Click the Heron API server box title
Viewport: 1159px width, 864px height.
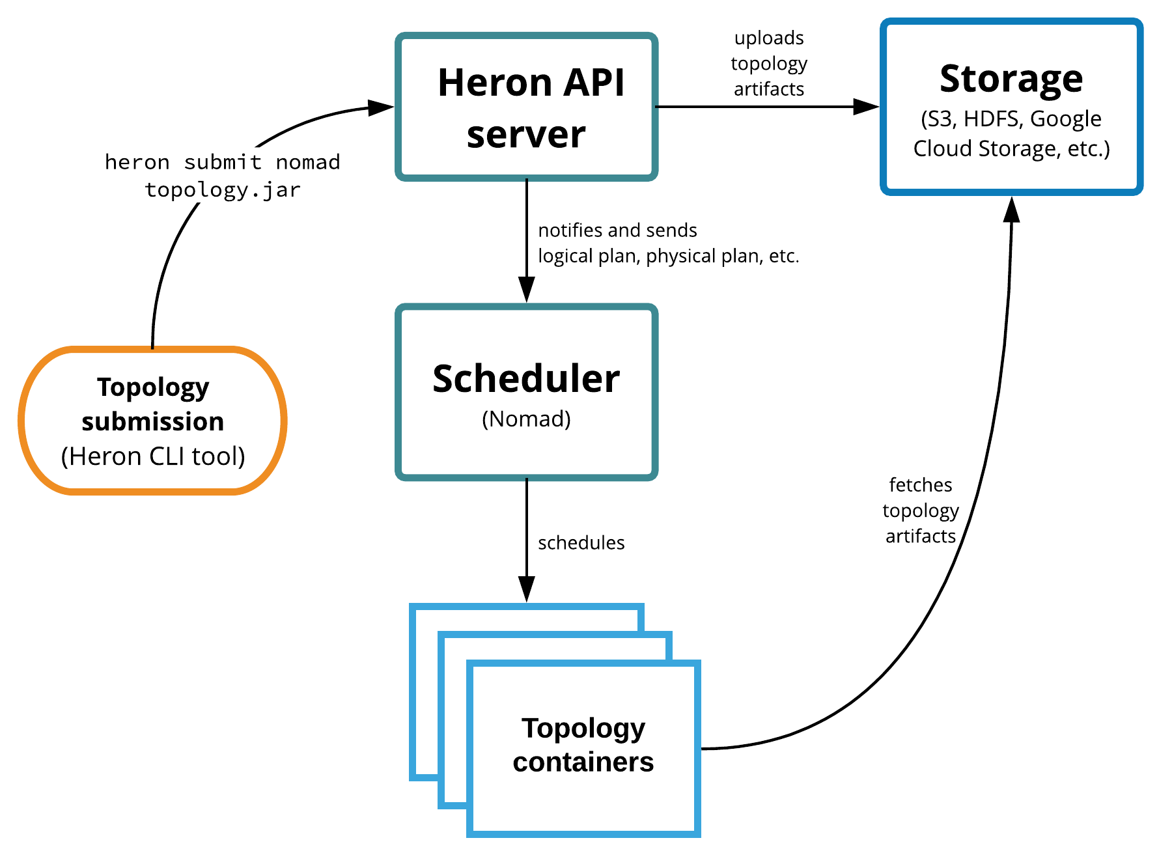530,108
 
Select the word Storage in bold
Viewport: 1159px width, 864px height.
1011,79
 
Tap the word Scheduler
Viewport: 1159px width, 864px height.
526,379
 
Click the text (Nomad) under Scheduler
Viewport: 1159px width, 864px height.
526,419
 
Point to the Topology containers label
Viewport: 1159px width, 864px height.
583,746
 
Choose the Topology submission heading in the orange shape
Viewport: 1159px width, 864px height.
153,404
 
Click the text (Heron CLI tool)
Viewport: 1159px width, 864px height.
153,456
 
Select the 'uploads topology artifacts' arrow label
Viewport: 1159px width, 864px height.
769,64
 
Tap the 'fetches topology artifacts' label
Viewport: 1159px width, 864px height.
921,510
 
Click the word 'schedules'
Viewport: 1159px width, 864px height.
581,543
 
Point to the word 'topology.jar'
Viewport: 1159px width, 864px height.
223,190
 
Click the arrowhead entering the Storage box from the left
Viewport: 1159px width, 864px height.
866,107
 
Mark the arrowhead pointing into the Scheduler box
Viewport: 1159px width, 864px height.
527,290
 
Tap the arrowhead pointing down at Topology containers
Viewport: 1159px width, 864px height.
527,589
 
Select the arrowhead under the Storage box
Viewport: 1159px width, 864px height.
1011,210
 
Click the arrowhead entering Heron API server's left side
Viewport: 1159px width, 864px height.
381,107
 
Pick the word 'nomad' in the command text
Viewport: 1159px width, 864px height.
308,162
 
